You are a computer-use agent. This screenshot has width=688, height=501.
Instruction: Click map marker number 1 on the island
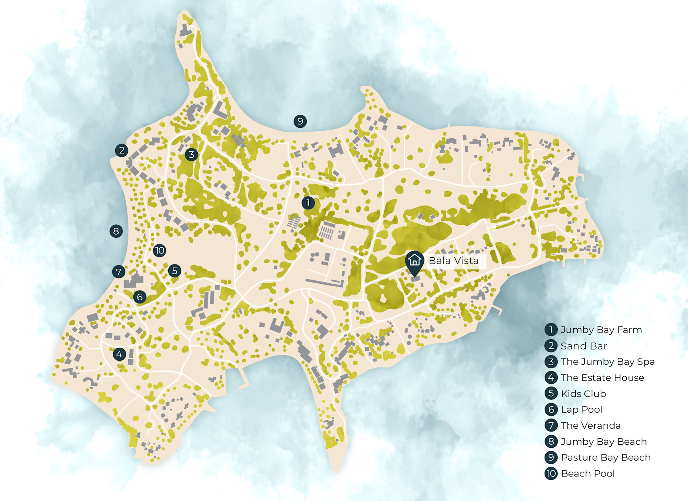308,203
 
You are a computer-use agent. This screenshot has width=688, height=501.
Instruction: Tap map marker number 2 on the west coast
122,150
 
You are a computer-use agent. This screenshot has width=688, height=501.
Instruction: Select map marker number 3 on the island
191,155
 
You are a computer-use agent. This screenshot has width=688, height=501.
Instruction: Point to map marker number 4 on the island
119,354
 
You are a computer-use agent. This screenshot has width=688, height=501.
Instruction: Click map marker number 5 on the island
175,271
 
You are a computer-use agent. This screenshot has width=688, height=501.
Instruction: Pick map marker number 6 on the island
140,297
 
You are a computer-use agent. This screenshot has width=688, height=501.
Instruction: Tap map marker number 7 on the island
119,272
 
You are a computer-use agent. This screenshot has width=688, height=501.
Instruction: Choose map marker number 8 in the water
116,231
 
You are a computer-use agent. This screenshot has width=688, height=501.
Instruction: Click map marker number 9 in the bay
300,121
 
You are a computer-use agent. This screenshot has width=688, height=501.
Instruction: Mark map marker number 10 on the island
160,250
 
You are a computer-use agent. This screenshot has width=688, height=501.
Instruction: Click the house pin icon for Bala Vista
415,261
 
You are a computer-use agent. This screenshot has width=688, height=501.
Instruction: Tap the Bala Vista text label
454,261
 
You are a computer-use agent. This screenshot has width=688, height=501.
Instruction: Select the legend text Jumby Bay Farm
601,330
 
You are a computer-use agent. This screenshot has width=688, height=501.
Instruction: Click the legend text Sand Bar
584,346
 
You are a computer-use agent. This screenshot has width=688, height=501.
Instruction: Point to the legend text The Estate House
602,378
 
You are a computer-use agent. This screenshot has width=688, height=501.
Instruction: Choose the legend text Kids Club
583,394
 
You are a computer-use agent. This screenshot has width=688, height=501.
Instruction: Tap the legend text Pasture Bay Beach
606,458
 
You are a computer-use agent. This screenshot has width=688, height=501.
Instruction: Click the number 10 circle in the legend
551,473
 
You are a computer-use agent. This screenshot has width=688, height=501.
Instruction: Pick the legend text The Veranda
590,426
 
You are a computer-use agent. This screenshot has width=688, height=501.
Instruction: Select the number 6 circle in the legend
551,410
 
